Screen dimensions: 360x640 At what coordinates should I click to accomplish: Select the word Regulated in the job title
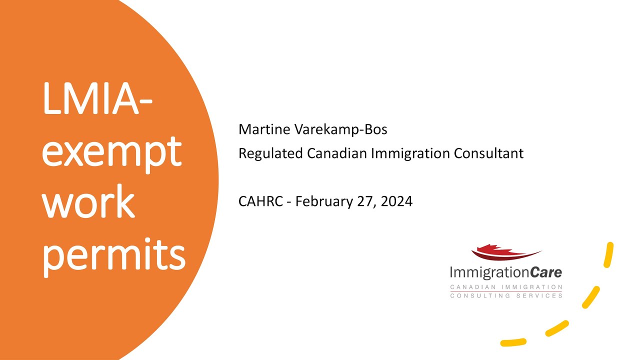[x=270, y=153]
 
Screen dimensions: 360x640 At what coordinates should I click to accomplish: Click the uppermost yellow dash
[x=608, y=254]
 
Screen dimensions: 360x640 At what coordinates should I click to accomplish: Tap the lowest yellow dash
[x=513, y=342]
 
